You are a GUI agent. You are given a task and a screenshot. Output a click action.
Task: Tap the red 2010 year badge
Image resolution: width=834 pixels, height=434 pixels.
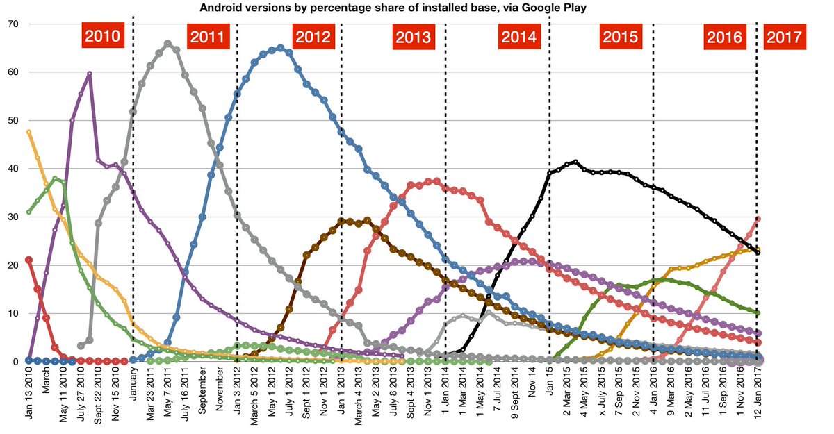[x=103, y=36]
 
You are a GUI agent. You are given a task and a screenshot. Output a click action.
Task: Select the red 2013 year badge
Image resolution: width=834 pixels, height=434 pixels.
[x=414, y=37]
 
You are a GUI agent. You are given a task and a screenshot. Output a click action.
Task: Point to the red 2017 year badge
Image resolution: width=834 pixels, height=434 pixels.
[x=784, y=37]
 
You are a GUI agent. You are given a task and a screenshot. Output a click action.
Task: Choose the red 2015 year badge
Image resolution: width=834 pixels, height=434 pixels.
[x=621, y=37]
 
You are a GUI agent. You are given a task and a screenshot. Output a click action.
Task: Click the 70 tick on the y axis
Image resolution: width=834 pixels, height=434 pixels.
[x=13, y=24]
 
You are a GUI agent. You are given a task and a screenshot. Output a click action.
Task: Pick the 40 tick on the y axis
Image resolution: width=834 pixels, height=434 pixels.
[x=13, y=169]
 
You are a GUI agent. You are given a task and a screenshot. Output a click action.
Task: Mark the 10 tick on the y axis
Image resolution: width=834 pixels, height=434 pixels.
[x=13, y=314]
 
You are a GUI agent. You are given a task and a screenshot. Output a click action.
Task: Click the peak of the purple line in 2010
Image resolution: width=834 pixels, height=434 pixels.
[x=90, y=73]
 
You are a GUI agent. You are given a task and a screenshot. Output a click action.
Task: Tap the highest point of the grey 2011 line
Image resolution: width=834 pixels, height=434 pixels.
[x=167, y=43]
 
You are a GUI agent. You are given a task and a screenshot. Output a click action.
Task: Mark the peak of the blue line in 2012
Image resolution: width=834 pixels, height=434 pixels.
[x=280, y=48]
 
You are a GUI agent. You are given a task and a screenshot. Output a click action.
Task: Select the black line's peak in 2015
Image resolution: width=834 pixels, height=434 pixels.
[x=575, y=162]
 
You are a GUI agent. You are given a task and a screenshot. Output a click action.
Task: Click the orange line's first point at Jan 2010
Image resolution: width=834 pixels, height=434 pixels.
[x=28, y=132]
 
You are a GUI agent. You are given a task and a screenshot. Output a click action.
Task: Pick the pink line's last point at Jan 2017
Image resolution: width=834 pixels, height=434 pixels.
[x=758, y=219]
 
